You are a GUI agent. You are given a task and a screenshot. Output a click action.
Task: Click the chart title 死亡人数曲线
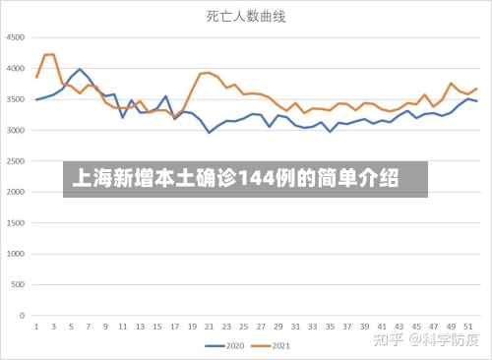click(x=245, y=17)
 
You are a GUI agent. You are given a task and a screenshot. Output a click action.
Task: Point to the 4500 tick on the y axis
click(x=16, y=37)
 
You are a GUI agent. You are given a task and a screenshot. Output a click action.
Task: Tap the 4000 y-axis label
click(x=16, y=69)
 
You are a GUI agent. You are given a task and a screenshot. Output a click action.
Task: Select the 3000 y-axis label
click(x=16, y=131)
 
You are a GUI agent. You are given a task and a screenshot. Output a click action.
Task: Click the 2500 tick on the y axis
click(x=16, y=162)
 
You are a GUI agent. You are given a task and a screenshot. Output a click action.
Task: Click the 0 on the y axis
click(x=23, y=318)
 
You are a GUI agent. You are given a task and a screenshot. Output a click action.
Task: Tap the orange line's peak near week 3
click(x=51, y=54)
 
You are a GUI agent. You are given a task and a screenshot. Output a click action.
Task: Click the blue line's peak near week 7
click(x=80, y=69)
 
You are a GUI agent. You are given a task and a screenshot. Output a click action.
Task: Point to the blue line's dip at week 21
click(x=209, y=132)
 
